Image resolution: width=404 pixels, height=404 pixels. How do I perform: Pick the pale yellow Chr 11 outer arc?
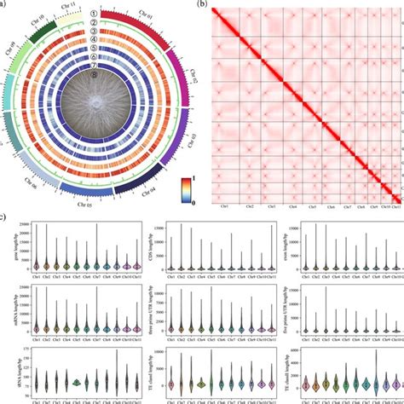76,14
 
